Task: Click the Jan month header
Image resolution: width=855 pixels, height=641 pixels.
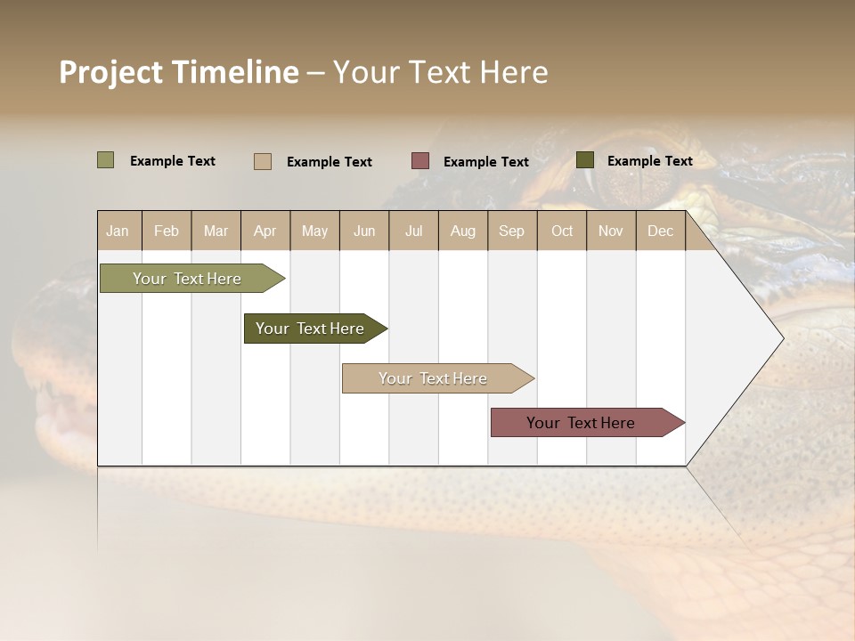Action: pos(118,231)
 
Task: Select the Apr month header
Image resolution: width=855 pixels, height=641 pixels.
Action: pos(265,231)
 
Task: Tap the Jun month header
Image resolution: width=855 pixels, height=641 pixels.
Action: pos(364,231)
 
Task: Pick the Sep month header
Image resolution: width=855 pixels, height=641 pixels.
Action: pos(512,231)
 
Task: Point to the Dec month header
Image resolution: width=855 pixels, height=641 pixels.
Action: pos(660,231)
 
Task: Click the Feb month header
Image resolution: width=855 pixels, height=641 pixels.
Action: pos(167,231)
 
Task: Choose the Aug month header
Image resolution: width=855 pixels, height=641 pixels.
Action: pos(463,231)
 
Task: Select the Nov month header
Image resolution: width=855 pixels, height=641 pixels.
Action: pos(611,231)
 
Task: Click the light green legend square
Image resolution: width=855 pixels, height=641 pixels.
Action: pos(106,160)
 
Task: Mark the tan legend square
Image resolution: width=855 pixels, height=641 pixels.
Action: pos(263,161)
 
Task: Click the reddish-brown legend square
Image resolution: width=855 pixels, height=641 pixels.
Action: pos(420,161)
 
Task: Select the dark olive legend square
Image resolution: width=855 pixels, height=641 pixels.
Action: pos(585,160)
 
